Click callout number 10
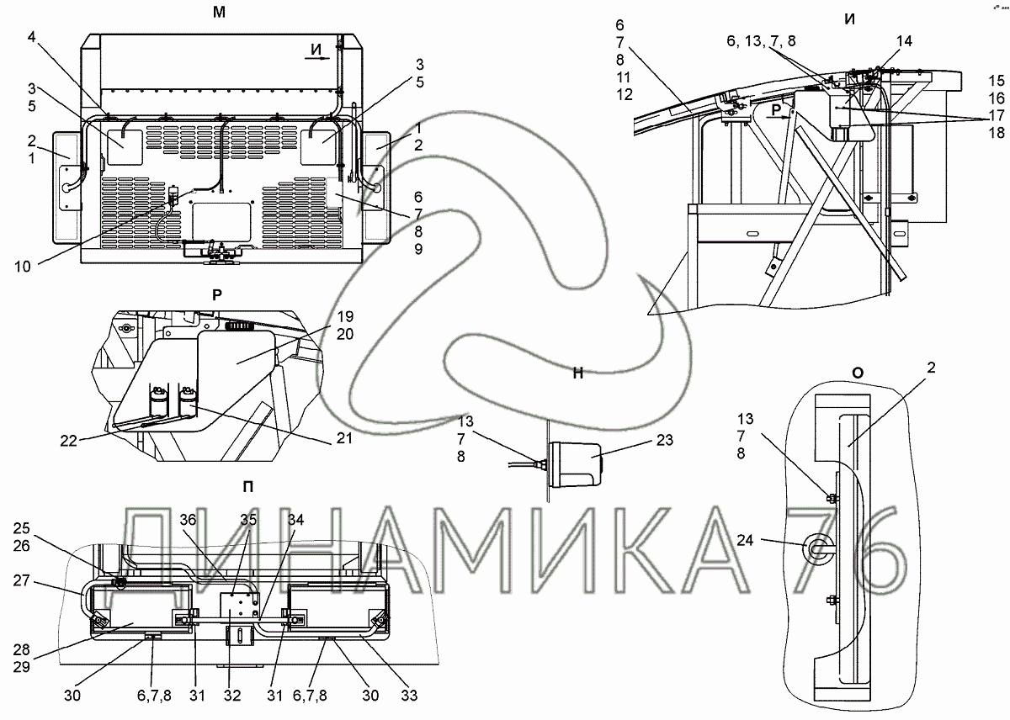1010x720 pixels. (x=23, y=267)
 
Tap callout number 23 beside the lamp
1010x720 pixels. (x=665, y=440)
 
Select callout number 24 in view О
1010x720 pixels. (x=745, y=540)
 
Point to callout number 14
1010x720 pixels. (x=904, y=41)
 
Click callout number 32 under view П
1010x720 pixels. (x=232, y=696)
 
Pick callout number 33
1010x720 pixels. (x=409, y=696)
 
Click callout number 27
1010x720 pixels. (x=21, y=580)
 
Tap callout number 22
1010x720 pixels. (x=68, y=441)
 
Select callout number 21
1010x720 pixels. (x=344, y=438)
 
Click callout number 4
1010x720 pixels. (x=31, y=36)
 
